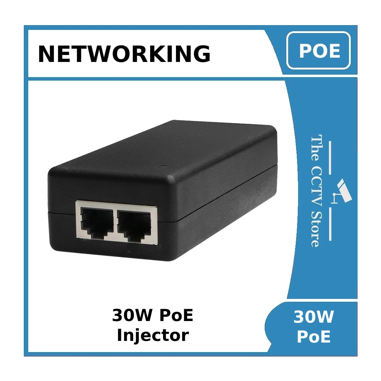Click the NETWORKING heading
(x=124, y=54)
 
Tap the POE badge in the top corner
(x=319, y=51)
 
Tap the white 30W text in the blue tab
(x=313, y=317)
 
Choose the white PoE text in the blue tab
(x=313, y=337)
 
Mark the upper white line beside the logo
(x=330, y=158)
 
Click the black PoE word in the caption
(x=176, y=315)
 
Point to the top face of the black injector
(x=172, y=146)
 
